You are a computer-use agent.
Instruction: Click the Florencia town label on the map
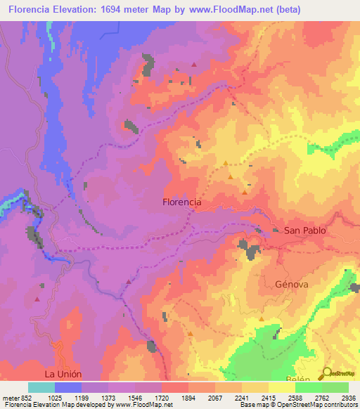(181, 202)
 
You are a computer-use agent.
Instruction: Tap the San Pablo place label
(305, 231)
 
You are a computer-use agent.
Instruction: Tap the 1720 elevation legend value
(161, 397)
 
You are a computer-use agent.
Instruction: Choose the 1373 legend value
(108, 397)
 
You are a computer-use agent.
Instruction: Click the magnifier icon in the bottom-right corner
(327, 373)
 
